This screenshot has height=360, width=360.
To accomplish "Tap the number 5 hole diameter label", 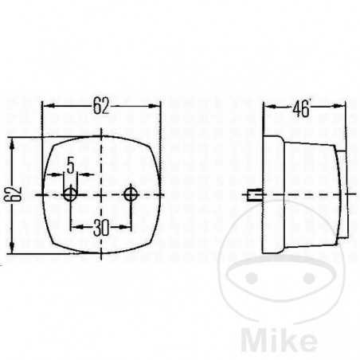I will pos(71,166).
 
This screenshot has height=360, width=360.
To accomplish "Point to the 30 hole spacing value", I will pos(101,227).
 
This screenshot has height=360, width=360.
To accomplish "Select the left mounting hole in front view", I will pos(72,194).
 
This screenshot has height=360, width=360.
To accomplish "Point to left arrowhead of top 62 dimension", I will pos(46,106).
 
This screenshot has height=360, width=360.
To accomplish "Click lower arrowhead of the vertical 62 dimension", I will pos(13,249).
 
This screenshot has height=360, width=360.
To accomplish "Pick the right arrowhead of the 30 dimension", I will pos(128,227).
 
